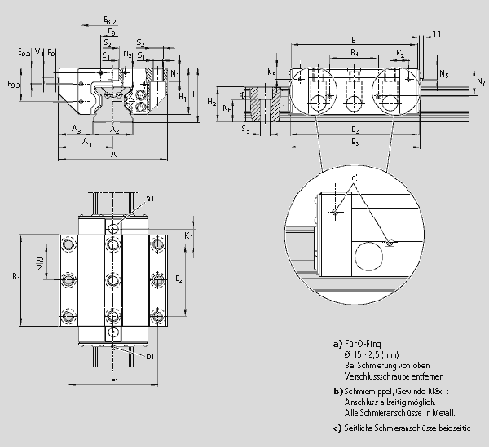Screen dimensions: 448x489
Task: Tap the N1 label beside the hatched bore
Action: [x=175, y=74]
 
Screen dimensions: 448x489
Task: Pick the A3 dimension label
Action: [x=75, y=130]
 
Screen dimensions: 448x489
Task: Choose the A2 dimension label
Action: [x=115, y=130]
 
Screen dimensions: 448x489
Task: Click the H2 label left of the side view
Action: [x=211, y=102]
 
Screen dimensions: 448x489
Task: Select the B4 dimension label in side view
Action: [x=354, y=53]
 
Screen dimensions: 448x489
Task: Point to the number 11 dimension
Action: [x=437, y=33]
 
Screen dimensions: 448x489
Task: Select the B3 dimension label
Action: [x=355, y=143]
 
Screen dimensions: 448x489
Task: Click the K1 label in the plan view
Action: [x=189, y=235]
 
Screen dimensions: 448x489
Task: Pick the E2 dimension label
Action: [x=180, y=279]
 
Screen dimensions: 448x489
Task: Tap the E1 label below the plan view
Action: [x=114, y=379]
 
